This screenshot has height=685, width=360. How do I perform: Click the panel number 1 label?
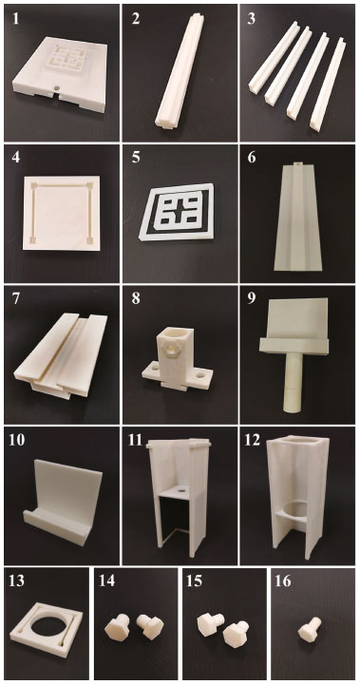[16, 21]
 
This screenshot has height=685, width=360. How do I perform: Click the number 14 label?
[104, 583]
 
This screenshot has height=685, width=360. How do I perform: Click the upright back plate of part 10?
[69, 489]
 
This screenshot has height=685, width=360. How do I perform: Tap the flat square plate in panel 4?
[62, 213]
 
